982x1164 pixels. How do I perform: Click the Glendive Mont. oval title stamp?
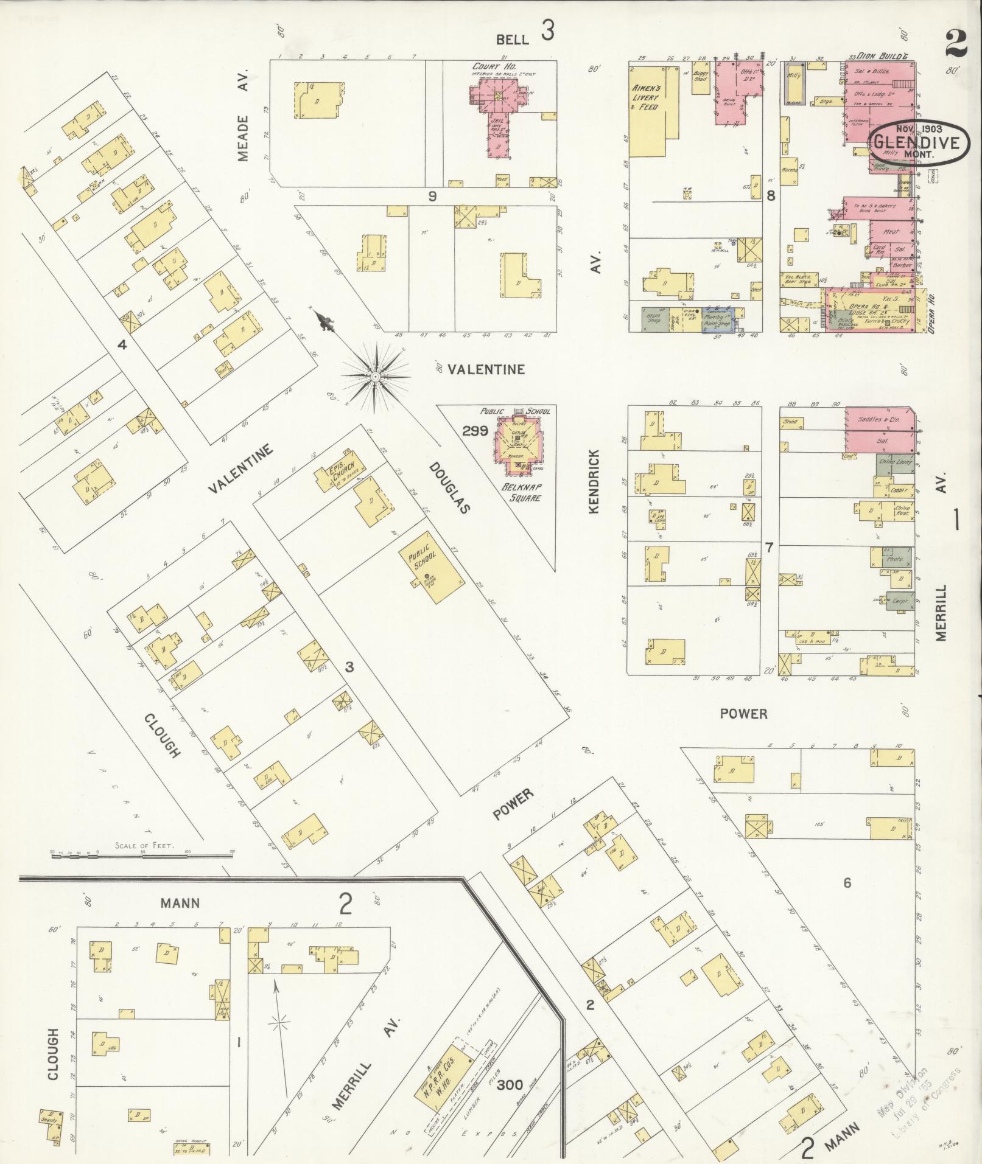tap(915, 143)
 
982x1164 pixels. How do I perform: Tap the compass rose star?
tap(376, 378)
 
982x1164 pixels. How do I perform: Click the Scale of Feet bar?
tap(141, 855)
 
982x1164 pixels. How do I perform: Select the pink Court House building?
tap(497, 110)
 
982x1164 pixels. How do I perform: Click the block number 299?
tap(475, 431)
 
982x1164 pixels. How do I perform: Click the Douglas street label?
tap(450, 487)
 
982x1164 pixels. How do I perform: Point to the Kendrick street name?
tap(595, 481)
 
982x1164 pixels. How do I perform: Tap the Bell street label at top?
tap(512, 40)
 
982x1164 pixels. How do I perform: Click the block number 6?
tap(846, 883)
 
